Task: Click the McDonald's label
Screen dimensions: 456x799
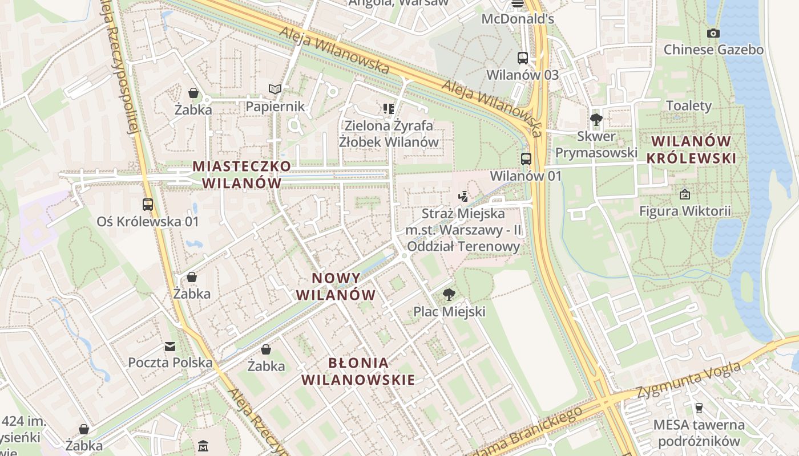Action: coord(518,19)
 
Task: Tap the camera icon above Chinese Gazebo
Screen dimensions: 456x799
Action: coord(713,34)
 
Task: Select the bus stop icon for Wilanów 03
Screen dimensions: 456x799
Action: coord(523,58)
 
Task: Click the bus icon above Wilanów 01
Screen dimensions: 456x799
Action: coord(526,159)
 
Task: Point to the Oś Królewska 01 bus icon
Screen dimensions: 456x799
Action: coord(148,204)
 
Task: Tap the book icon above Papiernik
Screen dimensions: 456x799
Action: coord(275,89)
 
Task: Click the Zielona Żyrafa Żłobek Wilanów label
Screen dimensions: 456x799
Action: coord(389,133)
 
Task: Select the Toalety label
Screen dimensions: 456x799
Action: coord(689,105)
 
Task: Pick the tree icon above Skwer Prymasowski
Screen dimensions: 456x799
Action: coord(596,119)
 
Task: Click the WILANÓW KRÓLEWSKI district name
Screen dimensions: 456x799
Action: coord(691,150)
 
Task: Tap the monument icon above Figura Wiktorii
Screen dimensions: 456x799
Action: coord(685,194)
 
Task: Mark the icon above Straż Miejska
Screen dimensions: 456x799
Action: coord(463,197)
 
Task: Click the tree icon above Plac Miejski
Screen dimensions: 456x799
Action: coord(449,295)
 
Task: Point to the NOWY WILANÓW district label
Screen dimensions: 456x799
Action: coord(344,287)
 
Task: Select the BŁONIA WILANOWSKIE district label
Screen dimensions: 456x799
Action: coord(358,371)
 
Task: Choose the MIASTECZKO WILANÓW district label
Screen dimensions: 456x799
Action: coord(242,174)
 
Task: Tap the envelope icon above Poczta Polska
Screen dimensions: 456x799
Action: coord(170,346)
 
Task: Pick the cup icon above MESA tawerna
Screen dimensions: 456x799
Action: coord(699,408)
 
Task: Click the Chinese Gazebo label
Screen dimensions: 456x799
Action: coord(713,50)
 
